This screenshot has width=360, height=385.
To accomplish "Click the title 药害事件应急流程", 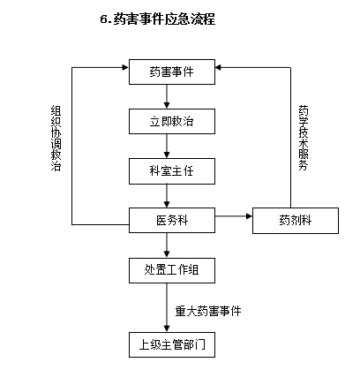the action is click(x=164, y=19).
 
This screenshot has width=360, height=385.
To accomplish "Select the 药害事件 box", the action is click(x=172, y=72).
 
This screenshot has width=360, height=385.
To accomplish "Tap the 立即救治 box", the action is click(x=172, y=121).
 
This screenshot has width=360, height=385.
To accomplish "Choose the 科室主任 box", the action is click(x=172, y=171).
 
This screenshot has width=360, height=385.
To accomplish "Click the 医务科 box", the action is click(x=172, y=220).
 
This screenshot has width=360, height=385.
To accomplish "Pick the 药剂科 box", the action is click(x=296, y=221).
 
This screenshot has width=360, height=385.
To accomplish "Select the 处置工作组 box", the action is click(x=172, y=270).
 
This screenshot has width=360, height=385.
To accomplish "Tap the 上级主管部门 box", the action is click(x=172, y=344).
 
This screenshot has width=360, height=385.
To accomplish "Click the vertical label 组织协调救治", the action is click(x=56, y=139).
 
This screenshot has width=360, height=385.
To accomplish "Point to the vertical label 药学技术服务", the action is click(x=304, y=138).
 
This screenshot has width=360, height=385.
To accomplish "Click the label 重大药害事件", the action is click(x=208, y=311).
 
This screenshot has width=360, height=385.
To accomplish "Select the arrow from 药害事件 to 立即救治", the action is click(x=167, y=96).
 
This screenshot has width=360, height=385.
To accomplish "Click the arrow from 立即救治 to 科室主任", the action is click(x=167, y=146).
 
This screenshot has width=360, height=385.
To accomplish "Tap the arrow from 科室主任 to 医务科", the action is click(x=167, y=196).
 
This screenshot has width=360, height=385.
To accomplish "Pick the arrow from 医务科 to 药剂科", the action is click(x=234, y=216).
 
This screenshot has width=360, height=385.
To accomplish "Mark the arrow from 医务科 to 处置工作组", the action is click(x=167, y=245).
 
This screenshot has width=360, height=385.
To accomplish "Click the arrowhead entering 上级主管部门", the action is click(x=167, y=328).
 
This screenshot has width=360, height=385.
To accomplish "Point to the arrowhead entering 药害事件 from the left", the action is click(x=125, y=67).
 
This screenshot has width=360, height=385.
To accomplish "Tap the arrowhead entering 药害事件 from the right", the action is click(x=219, y=67).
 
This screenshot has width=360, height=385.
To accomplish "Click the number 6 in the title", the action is click(x=103, y=19).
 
